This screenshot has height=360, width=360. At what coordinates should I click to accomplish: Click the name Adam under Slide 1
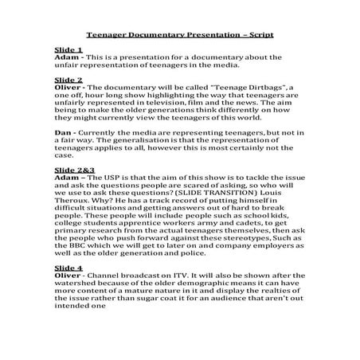(x=67, y=57)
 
